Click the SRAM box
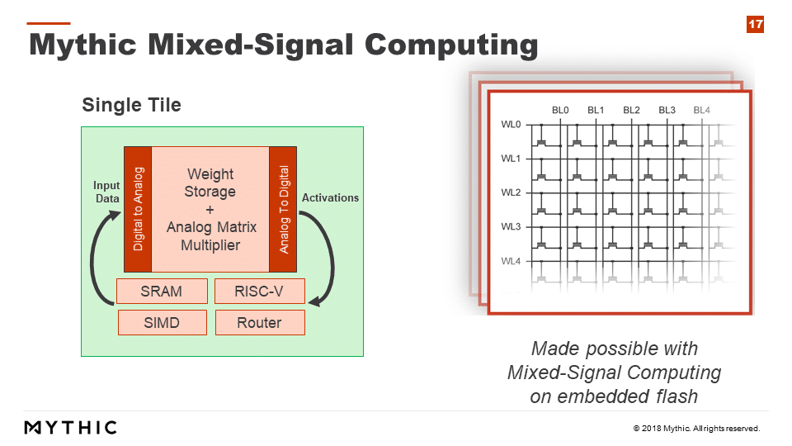pyautogui.click(x=162, y=292)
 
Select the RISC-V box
pyautogui.click(x=260, y=292)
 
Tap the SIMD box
pyautogui.click(x=163, y=323)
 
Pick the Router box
pyautogui.click(x=260, y=323)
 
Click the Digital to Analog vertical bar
pyautogui.click(x=138, y=209)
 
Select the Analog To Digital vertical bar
pyautogui.click(x=283, y=209)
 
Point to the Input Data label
pyautogui.click(x=106, y=192)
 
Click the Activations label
pyautogui.click(x=330, y=197)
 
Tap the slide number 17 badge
pyautogui.click(x=755, y=24)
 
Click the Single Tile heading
pyautogui.click(x=131, y=105)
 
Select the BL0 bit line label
pyautogui.click(x=560, y=110)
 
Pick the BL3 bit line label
pyautogui.click(x=667, y=110)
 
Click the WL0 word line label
pyautogui.click(x=511, y=125)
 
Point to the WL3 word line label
pyautogui.click(x=511, y=226)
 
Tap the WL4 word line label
pyautogui.click(x=511, y=261)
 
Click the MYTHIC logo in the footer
pyautogui.click(x=71, y=428)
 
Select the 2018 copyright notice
pyautogui.click(x=696, y=429)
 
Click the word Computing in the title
pyautogui.click(x=451, y=45)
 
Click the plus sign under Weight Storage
pyautogui.click(x=210, y=209)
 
